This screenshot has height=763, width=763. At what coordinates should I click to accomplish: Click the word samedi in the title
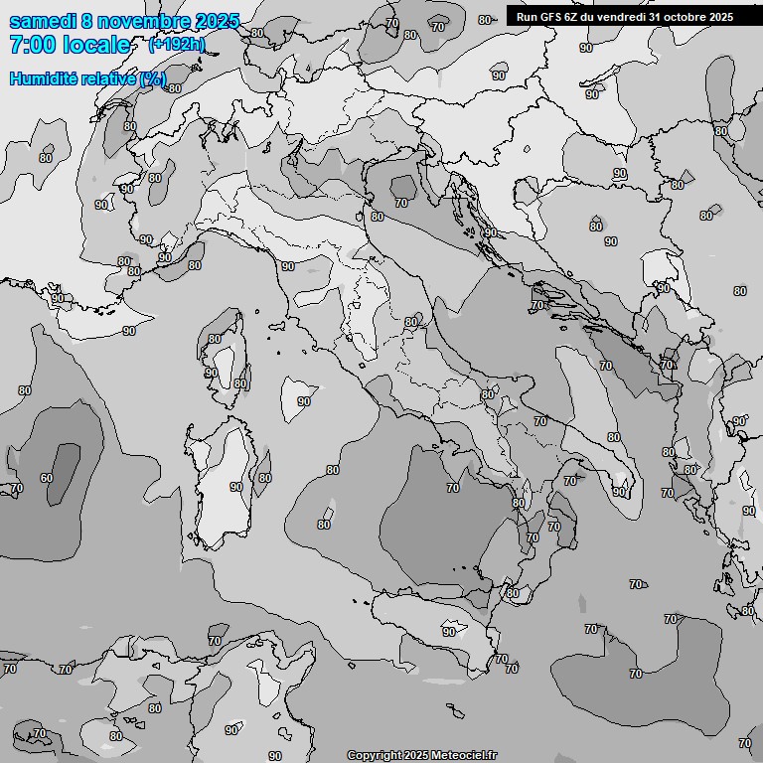[x=41, y=21]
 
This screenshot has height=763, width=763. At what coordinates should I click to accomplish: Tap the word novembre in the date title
[x=140, y=21]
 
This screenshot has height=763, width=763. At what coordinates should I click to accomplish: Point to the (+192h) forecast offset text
[x=177, y=45]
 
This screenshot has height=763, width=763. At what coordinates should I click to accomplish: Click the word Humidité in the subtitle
[x=43, y=78]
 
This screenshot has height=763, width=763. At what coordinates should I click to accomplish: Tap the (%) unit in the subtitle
[x=152, y=78]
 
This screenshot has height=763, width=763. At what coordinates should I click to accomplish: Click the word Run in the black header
[x=527, y=16]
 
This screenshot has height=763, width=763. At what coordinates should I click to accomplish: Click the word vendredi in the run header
[x=624, y=16]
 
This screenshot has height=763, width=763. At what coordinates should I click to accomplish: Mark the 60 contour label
[x=46, y=478]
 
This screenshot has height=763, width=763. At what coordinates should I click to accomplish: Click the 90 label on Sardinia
[x=235, y=487]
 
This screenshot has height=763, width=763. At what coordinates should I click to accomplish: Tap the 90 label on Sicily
[x=449, y=632]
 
